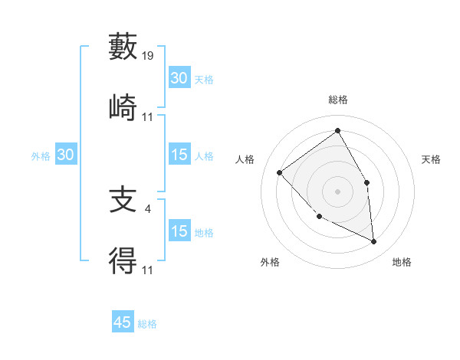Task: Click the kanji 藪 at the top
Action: coord(123,47)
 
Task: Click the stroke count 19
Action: coord(148,56)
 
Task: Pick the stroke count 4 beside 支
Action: coord(147,208)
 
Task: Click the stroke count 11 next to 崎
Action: coord(148,116)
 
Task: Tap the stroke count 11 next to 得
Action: coord(148,270)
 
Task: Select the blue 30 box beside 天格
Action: coord(179,78)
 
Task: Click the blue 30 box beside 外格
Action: coord(66,155)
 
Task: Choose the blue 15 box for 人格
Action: coord(179,155)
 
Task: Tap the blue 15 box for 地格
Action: coord(179,231)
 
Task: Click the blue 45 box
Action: coord(123,322)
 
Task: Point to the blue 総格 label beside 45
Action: coord(147,324)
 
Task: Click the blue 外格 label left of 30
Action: coord(41,155)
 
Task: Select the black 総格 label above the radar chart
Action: coord(337,100)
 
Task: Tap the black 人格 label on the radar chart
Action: coord(245,159)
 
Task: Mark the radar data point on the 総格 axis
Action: coord(337,130)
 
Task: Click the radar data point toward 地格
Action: coord(373,241)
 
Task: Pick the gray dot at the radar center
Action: coord(337,191)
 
